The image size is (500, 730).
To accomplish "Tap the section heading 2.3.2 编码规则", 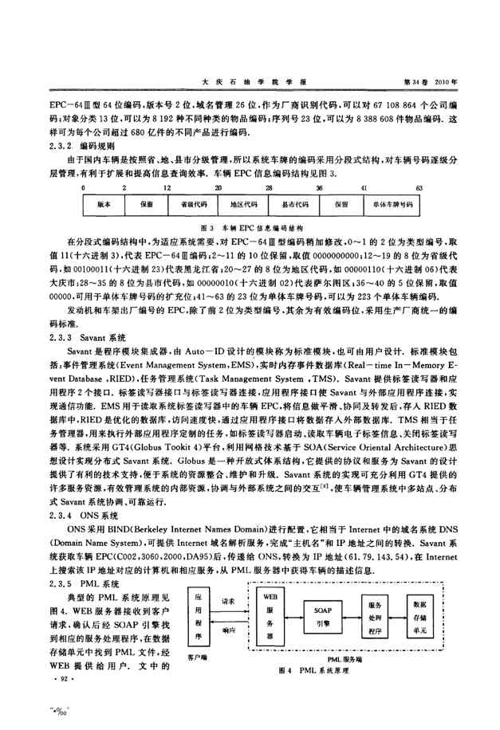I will (x=83, y=147).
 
